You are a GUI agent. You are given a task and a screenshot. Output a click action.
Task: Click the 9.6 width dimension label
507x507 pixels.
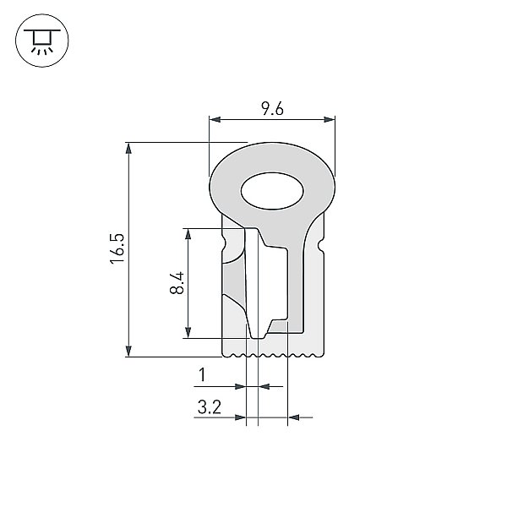pyautogui.click(x=272, y=109)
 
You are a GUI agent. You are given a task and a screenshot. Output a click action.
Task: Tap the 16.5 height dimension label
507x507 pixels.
pyautogui.click(x=117, y=248)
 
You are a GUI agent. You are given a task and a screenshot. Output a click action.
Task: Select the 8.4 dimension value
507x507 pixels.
pyautogui.click(x=177, y=282)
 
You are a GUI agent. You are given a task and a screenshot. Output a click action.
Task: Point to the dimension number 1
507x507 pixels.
pyautogui.click(x=203, y=374)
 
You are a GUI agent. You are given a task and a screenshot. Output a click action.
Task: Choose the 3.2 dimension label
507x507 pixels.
pyautogui.click(x=210, y=407)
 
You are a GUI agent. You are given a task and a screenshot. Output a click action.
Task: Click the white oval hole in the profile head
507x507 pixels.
pyautogui.click(x=272, y=191)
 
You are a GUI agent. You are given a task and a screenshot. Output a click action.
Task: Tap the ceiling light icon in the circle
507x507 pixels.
pyautogui.click(x=42, y=41)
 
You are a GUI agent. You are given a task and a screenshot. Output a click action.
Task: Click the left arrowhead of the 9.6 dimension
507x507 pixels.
pyautogui.click(x=215, y=120)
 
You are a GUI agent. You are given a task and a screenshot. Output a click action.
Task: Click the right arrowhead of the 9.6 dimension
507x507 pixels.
pyautogui.click(x=330, y=120)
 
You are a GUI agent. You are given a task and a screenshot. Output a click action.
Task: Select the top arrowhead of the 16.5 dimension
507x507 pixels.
pyautogui.click(x=128, y=148)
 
